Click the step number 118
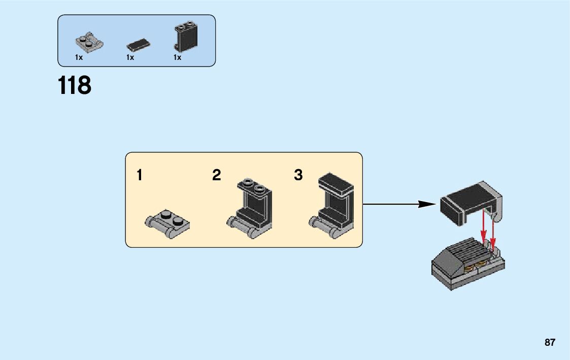pyautogui.click(x=75, y=86)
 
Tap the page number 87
pyautogui.click(x=550, y=343)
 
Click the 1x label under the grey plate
pyautogui.click(x=79, y=58)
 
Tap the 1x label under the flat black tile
pyautogui.click(x=130, y=58)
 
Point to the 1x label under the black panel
pyautogui.click(x=177, y=58)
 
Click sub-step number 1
pyautogui.click(x=139, y=176)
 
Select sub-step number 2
pyautogui.click(x=217, y=176)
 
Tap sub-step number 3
pyautogui.click(x=298, y=176)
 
